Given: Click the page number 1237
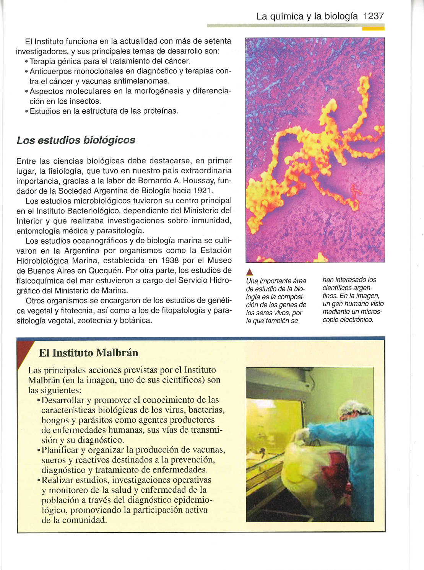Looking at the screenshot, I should tap(373, 16).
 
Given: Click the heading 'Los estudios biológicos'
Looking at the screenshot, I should tap(76, 140).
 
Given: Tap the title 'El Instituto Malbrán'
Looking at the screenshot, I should tap(88, 352).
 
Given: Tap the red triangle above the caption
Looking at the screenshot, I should tap(249, 272).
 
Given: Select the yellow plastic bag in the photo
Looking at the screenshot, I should tap(306, 467).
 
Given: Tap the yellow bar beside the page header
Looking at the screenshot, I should tap(373, 28).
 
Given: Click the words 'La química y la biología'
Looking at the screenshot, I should tap(307, 16).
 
